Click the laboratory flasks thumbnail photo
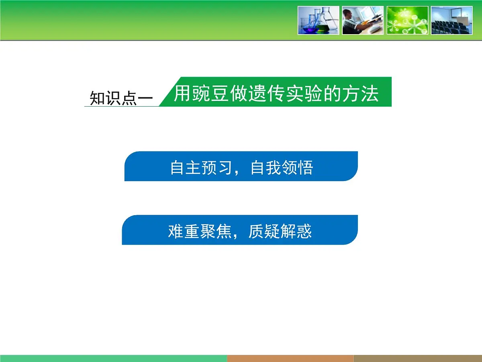(x=319, y=20)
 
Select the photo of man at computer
(x=363, y=20)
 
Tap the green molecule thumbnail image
(x=407, y=20)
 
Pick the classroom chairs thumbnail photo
(x=452, y=20)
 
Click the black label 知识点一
(x=121, y=98)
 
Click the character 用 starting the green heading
(x=182, y=94)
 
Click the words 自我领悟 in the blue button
(x=282, y=167)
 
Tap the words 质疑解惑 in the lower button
(x=280, y=231)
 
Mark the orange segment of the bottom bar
(x=290, y=358)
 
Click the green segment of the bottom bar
(x=113, y=358)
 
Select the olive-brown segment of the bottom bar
(x=418, y=358)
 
